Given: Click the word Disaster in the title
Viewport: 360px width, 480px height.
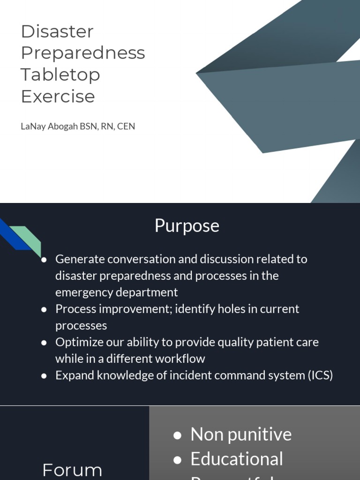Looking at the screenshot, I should (57, 31).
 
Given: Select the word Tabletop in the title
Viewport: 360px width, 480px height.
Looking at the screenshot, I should (60, 75).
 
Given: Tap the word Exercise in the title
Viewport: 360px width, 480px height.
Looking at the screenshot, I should (58, 96).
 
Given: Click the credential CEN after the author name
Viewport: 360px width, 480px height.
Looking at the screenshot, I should (126, 126).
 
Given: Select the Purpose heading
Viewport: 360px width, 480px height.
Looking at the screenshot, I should (187, 225).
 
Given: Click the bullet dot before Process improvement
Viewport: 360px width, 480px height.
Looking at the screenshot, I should (44, 309).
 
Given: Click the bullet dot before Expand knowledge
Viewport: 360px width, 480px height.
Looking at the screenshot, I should (44, 376).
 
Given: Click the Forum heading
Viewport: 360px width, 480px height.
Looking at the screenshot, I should (72, 470).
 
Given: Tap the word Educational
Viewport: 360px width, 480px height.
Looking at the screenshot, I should (236, 459).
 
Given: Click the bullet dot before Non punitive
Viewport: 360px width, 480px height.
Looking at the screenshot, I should (177, 435).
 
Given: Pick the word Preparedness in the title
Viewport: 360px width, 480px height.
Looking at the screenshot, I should (83, 53).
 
